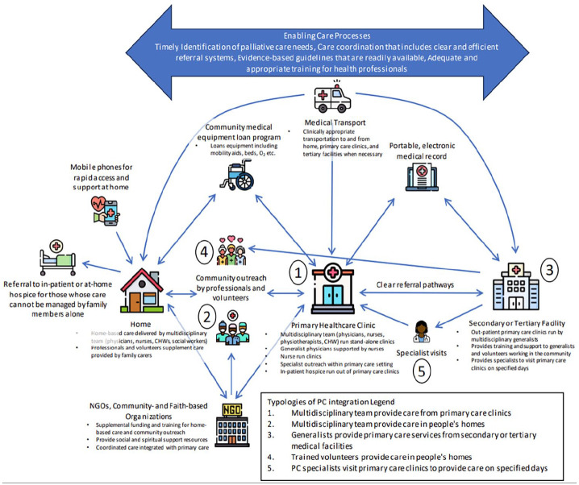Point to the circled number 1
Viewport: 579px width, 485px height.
pyautogui.click(x=298, y=275)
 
